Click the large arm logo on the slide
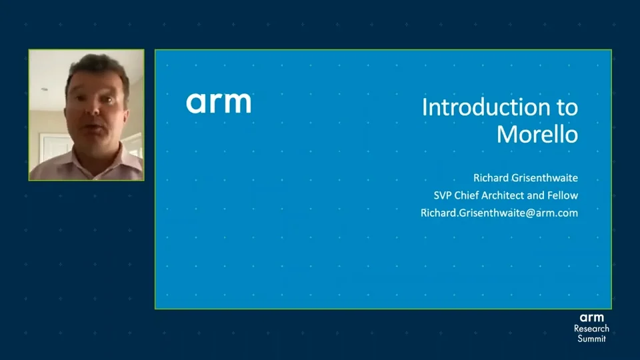(x=219, y=103)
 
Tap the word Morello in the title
(x=537, y=134)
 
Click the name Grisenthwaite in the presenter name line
(x=545, y=178)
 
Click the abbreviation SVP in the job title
(x=443, y=195)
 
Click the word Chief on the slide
(x=466, y=195)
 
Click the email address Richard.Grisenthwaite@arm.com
(x=499, y=213)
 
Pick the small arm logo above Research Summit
(x=591, y=317)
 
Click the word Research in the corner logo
(x=591, y=328)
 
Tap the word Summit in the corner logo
(x=591, y=339)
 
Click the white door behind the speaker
(x=55, y=149)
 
